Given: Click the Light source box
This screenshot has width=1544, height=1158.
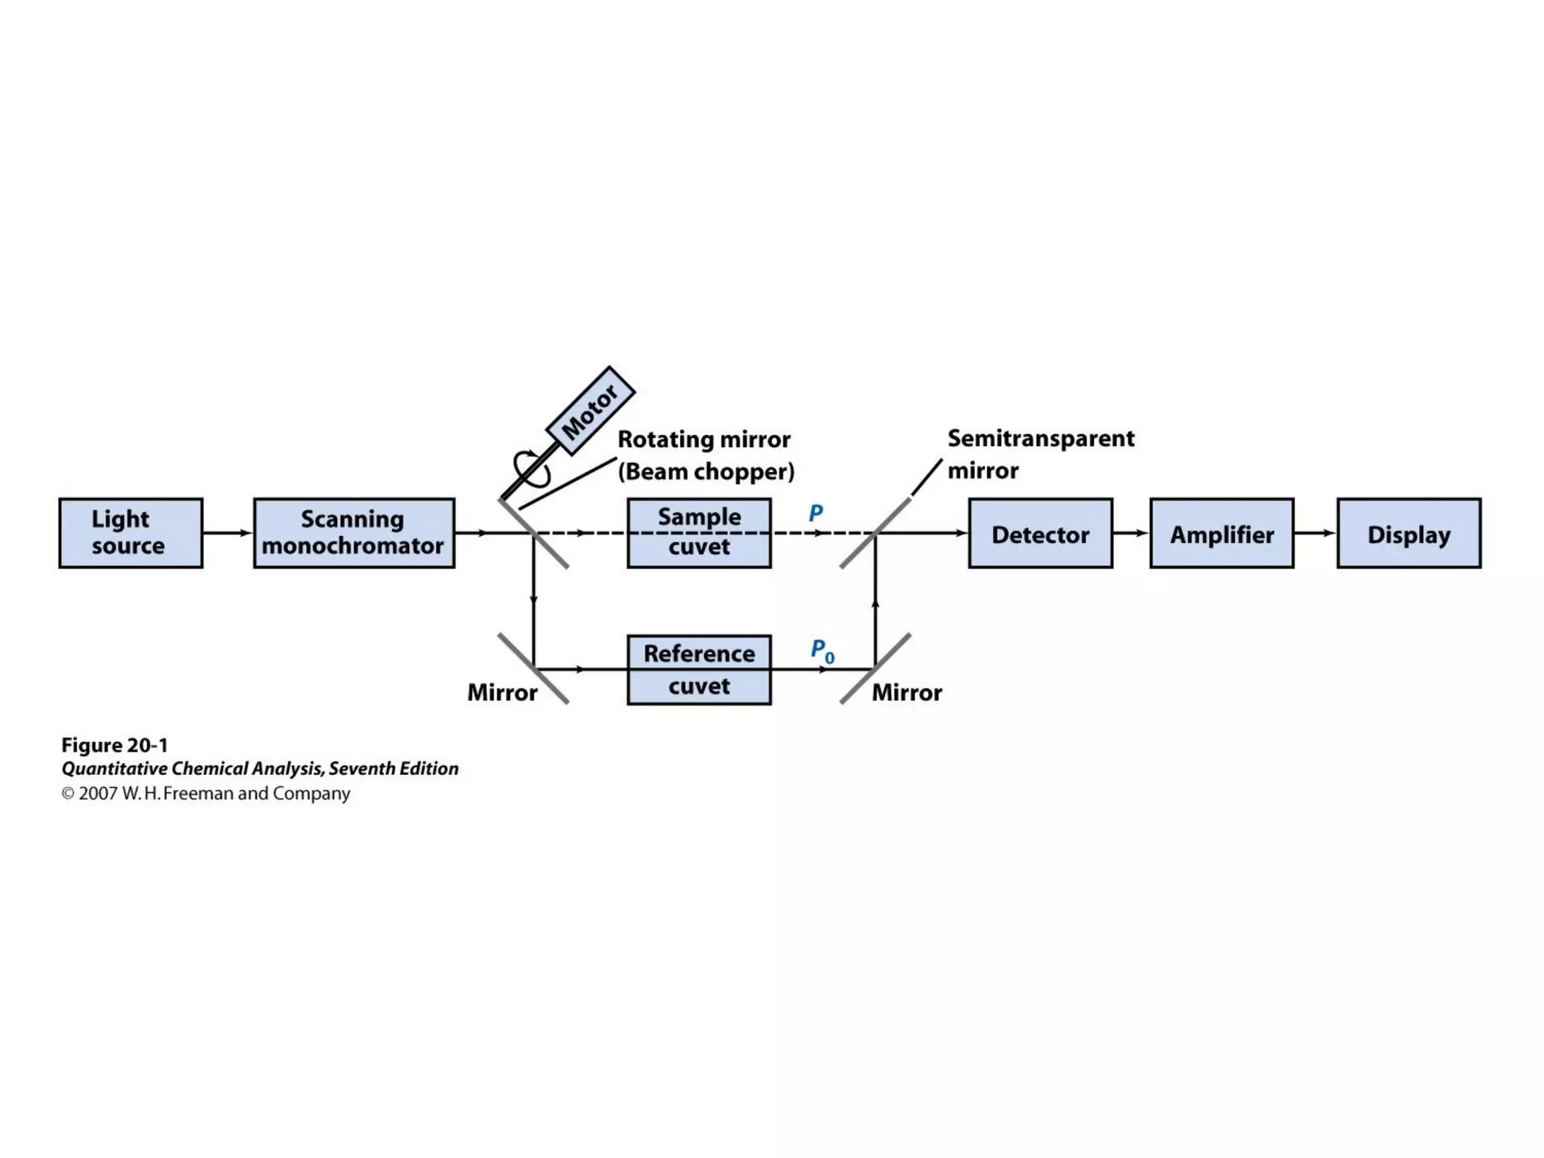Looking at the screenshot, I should pyautogui.click(x=130, y=532).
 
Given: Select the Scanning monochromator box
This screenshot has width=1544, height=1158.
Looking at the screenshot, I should pyautogui.click(x=354, y=532).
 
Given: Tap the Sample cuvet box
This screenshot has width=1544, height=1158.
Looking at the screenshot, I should pyautogui.click(x=699, y=532).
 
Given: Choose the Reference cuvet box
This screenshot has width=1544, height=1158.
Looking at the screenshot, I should pyautogui.click(x=699, y=669).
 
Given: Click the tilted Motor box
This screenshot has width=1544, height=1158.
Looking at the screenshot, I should pyautogui.click(x=590, y=411).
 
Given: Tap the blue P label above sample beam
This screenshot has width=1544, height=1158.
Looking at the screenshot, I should pyautogui.click(x=815, y=513).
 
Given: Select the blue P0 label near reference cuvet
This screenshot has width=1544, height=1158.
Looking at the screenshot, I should pyautogui.click(x=822, y=651).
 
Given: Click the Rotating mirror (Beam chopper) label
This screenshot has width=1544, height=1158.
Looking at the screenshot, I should pyautogui.click(x=705, y=455).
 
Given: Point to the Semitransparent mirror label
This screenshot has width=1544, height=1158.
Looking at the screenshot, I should pyautogui.click(x=1040, y=454).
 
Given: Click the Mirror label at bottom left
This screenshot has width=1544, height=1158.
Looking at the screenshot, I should pyautogui.click(x=502, y=692).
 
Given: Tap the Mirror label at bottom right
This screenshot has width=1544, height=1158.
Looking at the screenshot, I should pyautogui.click(x=906, y=692).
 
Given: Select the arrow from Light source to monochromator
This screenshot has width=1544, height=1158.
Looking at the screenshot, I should pyautogui.click(x=228, y=533).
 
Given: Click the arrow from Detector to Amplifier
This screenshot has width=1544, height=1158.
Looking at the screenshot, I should pyautogui.click(x=1131, y=533).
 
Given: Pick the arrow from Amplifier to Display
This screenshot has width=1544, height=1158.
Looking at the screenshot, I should pyautogui.click(x=1315, y=533).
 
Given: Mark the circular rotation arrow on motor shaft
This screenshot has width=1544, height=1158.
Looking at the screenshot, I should pyautogui.click(x=531, y=468).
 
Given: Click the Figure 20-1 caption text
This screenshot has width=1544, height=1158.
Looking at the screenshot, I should pyautogui.click(x=115, y=745).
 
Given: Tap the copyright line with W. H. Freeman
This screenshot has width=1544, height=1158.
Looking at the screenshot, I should pyautogui.click(x=206, y=793).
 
